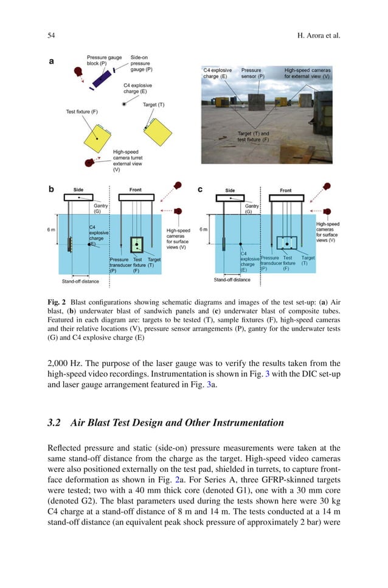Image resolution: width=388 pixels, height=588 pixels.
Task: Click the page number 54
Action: click(52, 36)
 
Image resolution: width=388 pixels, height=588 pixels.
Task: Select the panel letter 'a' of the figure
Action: click(52, 61)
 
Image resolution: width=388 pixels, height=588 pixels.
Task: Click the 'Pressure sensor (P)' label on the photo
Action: click(253, 73)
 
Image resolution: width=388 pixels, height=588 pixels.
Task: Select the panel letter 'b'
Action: click(52, 190)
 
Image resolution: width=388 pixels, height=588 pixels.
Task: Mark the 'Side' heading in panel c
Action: click(230, 190)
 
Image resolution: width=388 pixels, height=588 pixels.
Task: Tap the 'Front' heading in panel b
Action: click(135, 190)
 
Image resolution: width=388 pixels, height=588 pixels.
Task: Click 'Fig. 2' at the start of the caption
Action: click(57, 302)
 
